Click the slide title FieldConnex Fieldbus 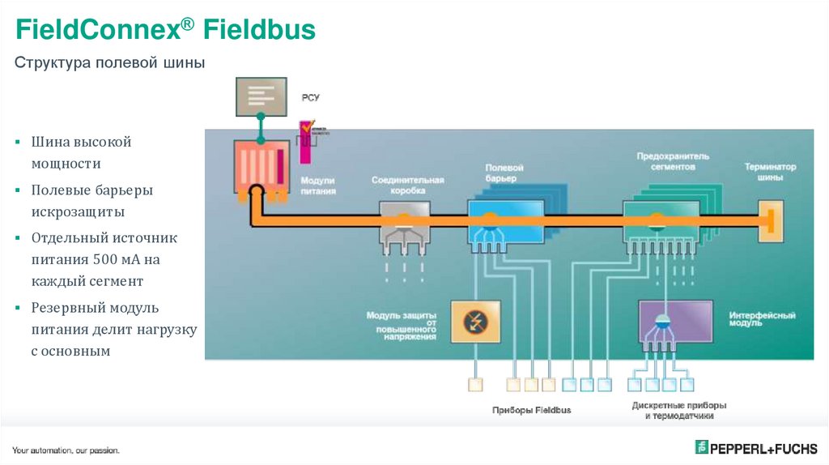[x=166, y=31]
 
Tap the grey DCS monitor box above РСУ [x=261, y=96]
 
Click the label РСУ [x=311, y=97]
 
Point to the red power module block [x=261, y=166]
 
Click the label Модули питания [x=317, y=186]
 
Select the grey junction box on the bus [x=405, y=221]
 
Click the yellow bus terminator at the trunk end [x=770, y=219]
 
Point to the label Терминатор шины [x=770, y=172]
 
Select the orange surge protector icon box [x=475, y=322]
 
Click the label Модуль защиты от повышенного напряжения [x=402, y=325]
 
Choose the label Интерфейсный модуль [x=762, y=318]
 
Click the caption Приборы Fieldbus [x=531, y=410]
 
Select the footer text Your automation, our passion [x=66, y=450]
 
